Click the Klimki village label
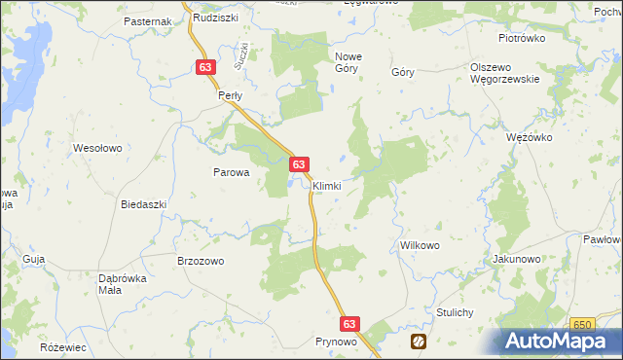point(326,186)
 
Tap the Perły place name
point(229,96)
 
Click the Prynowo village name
point(337,342)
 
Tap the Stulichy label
point(455,312)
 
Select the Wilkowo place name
point(420,246)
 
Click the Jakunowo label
point(517,260)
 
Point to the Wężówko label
point(530,137)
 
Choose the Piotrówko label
point(522,38)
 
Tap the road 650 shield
point(583,324)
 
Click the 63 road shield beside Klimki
point(300,165)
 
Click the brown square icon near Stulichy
point(419,341)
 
